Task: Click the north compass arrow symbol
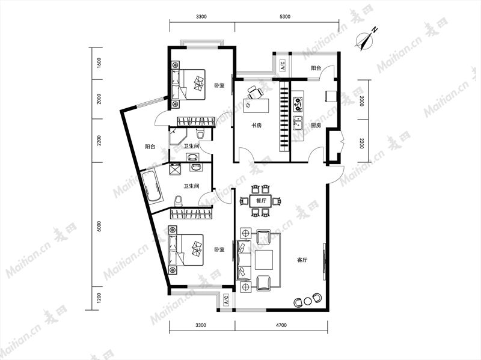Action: (x=365, y=39)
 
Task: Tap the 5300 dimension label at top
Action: (x=285, y=17)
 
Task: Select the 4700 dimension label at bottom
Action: (x=281, y=325)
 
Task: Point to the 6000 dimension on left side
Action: (x=99, y=227)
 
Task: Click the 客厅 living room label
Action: (x=302, y=260)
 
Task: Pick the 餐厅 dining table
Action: (x=261, y=201)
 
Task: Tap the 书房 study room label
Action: (x=257, y=125)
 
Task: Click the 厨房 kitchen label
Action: (x=316, y=125)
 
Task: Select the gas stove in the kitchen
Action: (x=298, y=104)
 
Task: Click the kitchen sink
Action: (x=298, y=123)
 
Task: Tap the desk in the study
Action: (x=256, y=105)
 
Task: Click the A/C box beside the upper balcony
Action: (x=282, y=65)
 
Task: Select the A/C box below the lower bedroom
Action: (x=226, y=300)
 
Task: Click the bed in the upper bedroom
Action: (x=188, y=84)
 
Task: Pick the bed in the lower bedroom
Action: (x=186, y=250)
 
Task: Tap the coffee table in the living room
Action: (x=264, y=260)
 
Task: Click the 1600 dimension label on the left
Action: (x=99, y=63)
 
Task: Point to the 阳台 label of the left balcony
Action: (x=150, y=147)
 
